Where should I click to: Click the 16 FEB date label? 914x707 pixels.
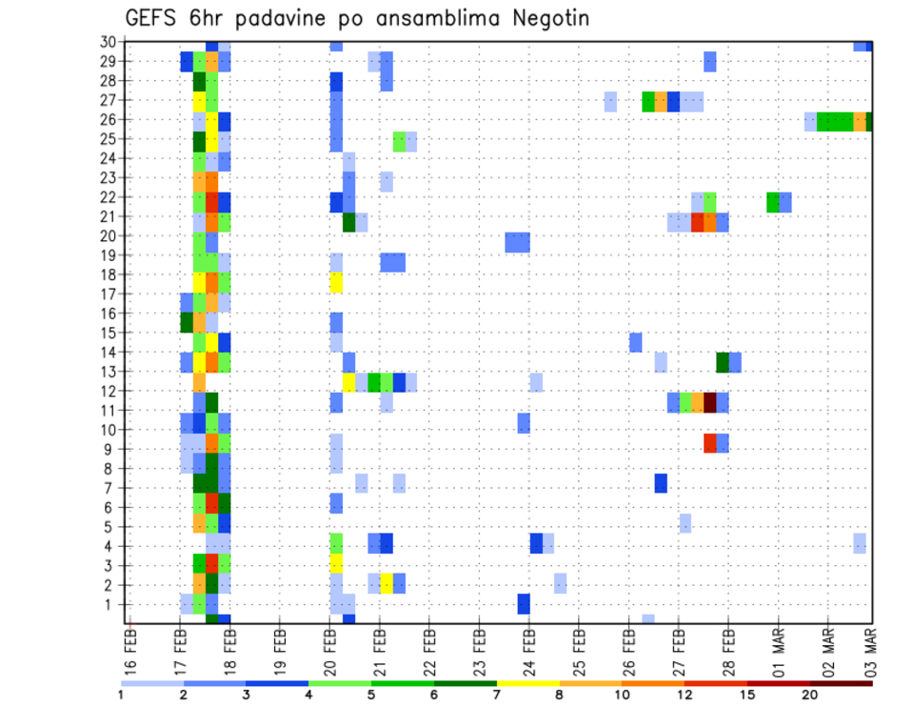click(x=130, y=646)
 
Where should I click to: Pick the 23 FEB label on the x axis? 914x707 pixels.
click(x=479, y=646)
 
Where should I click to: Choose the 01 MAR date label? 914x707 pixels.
click(x=778, y=646)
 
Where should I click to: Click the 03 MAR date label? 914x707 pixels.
click(x=871, y=646)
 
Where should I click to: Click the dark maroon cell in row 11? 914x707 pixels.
click(x=710, y=402)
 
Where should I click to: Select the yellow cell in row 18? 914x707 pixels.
click(x=336, y=282)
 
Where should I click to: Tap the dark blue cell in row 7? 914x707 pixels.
click(x=661, y=483)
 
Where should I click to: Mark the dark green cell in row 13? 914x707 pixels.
click(x=723, y=362)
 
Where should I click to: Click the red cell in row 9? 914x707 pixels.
click(x=710, y=443)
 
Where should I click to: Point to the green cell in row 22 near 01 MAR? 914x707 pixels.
click(x=772, y=202)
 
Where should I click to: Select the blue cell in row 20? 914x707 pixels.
click(x=517, y=242)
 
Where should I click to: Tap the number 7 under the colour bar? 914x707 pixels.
click(x=498, y=695)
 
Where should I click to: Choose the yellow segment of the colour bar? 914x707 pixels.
click(x=529, y=683)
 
